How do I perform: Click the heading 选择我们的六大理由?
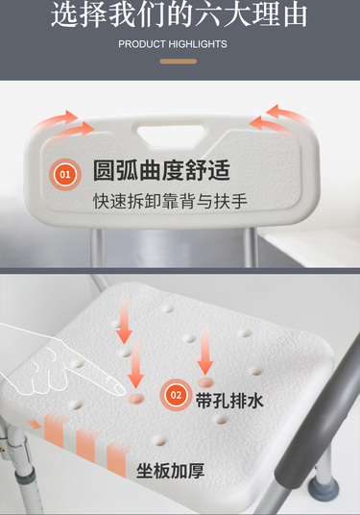pos(180,14)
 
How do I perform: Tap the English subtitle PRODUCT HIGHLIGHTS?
pos(173,44)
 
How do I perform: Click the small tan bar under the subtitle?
pos(179,61)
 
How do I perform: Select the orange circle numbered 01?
pos(65,174)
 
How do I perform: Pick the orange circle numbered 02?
pos(176,395)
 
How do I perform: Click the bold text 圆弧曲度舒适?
pos(161,170)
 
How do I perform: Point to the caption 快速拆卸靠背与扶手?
pos(170,201)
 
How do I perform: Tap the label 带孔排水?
pos(229,401)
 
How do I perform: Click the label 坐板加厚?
pos(170,471)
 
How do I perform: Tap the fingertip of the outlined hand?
pos(120,389)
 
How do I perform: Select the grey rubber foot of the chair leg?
pos(323,488)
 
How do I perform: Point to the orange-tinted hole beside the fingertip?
pos(136,399)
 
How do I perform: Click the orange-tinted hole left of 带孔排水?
pos(205,382)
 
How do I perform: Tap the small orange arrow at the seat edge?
pos(34,424)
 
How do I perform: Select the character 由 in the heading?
pos(295,14)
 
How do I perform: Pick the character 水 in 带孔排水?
pos(255,401)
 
